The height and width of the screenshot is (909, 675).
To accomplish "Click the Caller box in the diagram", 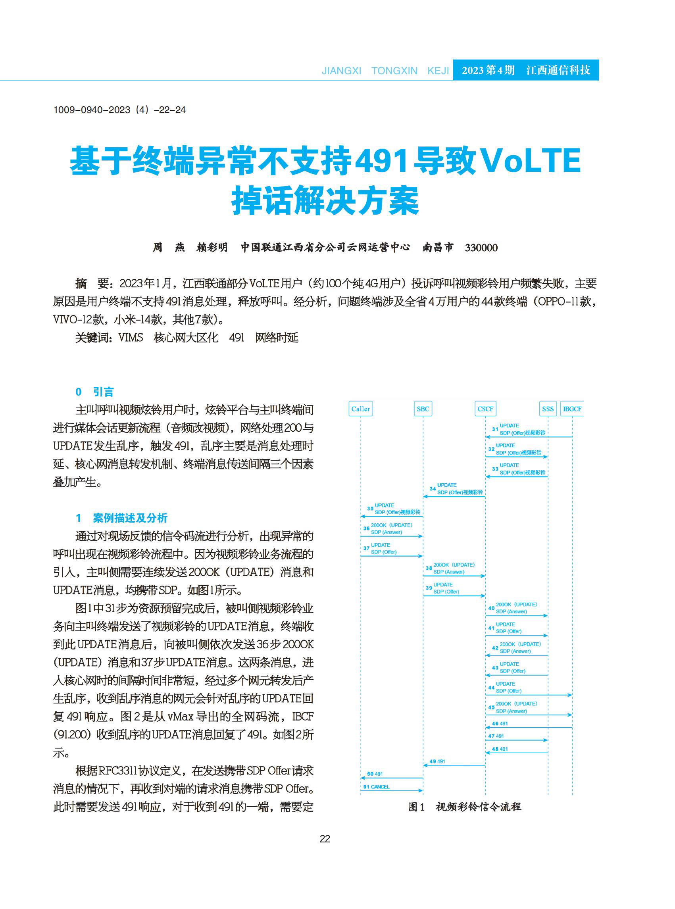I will pos(360,409).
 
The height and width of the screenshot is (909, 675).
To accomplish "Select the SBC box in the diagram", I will pos(423,409).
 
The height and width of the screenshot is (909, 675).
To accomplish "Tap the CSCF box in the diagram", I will pos(485,409).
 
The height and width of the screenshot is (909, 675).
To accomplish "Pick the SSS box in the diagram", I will pos(548,409).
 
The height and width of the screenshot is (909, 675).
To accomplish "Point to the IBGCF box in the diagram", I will pos(572,409).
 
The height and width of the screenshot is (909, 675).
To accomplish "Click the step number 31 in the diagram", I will pos(495,429).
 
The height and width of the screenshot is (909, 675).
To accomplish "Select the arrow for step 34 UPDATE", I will pos(454,496).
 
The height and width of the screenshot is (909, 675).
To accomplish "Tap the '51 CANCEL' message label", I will pos(376,786).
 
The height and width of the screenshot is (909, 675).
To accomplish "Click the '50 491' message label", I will pos(375,774).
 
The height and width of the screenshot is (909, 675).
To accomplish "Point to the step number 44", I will pos(491,688).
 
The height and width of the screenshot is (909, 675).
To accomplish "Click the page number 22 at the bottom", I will pos(325,839).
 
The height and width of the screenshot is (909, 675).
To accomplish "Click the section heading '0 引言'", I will pos(94,392).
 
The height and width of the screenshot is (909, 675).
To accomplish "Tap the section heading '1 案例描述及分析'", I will pos(121,518).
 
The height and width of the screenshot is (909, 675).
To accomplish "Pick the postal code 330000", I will pos(481,248).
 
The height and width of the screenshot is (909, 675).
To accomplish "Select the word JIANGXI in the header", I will pos(341,71).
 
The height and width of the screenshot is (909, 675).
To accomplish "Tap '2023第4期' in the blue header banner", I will pos(488,70).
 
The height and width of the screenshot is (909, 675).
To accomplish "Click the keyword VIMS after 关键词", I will pos(131,338).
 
